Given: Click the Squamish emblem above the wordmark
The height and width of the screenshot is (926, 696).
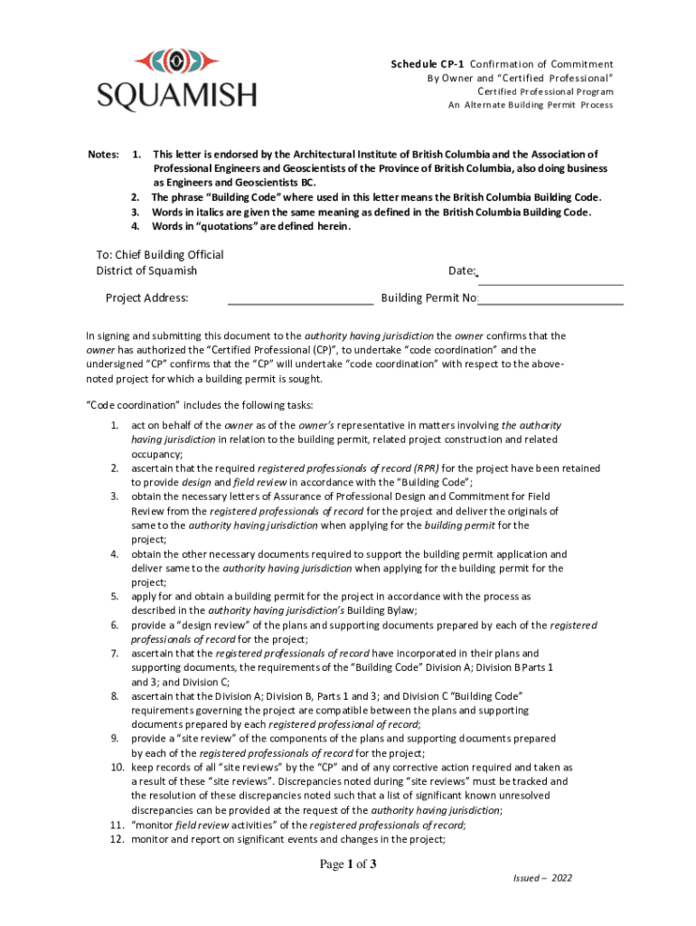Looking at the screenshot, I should click(176, 61).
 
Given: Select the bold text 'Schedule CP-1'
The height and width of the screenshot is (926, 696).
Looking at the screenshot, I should click(428, 64).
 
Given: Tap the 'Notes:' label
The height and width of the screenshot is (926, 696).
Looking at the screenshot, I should click(104, 155).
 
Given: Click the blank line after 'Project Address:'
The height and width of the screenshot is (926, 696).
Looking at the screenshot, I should click(300, 299).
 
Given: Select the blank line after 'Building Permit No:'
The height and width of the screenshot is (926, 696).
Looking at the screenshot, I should click(550, 299).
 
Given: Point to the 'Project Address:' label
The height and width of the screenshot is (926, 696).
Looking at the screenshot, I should click(146, 298).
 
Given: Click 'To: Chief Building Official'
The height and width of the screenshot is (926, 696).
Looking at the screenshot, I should click(160, 255).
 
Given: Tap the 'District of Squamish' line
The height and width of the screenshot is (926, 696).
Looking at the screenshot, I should click(146, 270).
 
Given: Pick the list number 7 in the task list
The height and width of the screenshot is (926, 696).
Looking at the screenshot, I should click(115, 653).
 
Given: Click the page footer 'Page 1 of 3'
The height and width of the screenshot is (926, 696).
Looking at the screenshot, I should click(348, 865).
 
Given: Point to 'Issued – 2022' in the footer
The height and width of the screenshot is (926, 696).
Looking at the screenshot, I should click(542, 878).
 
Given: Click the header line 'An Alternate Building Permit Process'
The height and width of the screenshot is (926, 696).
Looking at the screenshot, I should click(531, 105).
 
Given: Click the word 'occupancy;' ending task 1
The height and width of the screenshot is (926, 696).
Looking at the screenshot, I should click(156, 454).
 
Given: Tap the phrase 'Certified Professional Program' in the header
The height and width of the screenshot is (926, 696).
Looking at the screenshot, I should click(545, 91).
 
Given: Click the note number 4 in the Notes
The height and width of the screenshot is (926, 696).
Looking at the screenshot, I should click(136, 227).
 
